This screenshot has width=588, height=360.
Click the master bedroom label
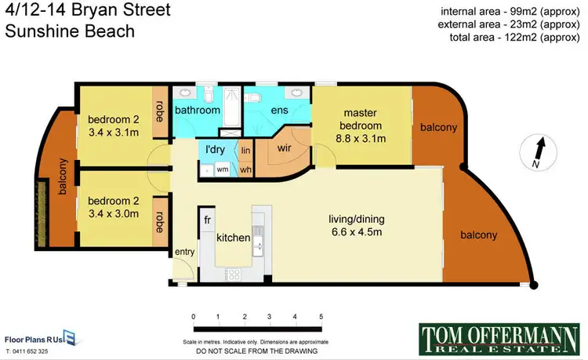pyautogui.click(x=361, y=120)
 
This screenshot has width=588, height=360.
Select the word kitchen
pyautogui.click(x=233, y=238)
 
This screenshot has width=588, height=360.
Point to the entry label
pyautogui.click(x=183, y=251)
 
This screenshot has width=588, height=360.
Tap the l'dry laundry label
pyautogui.click(x=216, y=149)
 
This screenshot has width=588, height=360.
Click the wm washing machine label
pyautogui.click(x=222, y=169)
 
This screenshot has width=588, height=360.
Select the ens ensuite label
pyautogui.click(x=280, y=111)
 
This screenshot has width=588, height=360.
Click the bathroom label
pyautogui.click(x=197, y=111)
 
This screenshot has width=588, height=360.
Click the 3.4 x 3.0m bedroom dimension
pyautogui.click(x=113, y=213)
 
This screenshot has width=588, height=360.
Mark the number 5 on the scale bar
pyautogui.click(x=321, y=315)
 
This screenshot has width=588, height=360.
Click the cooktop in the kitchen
pyautogui.click(x=233, y=274)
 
